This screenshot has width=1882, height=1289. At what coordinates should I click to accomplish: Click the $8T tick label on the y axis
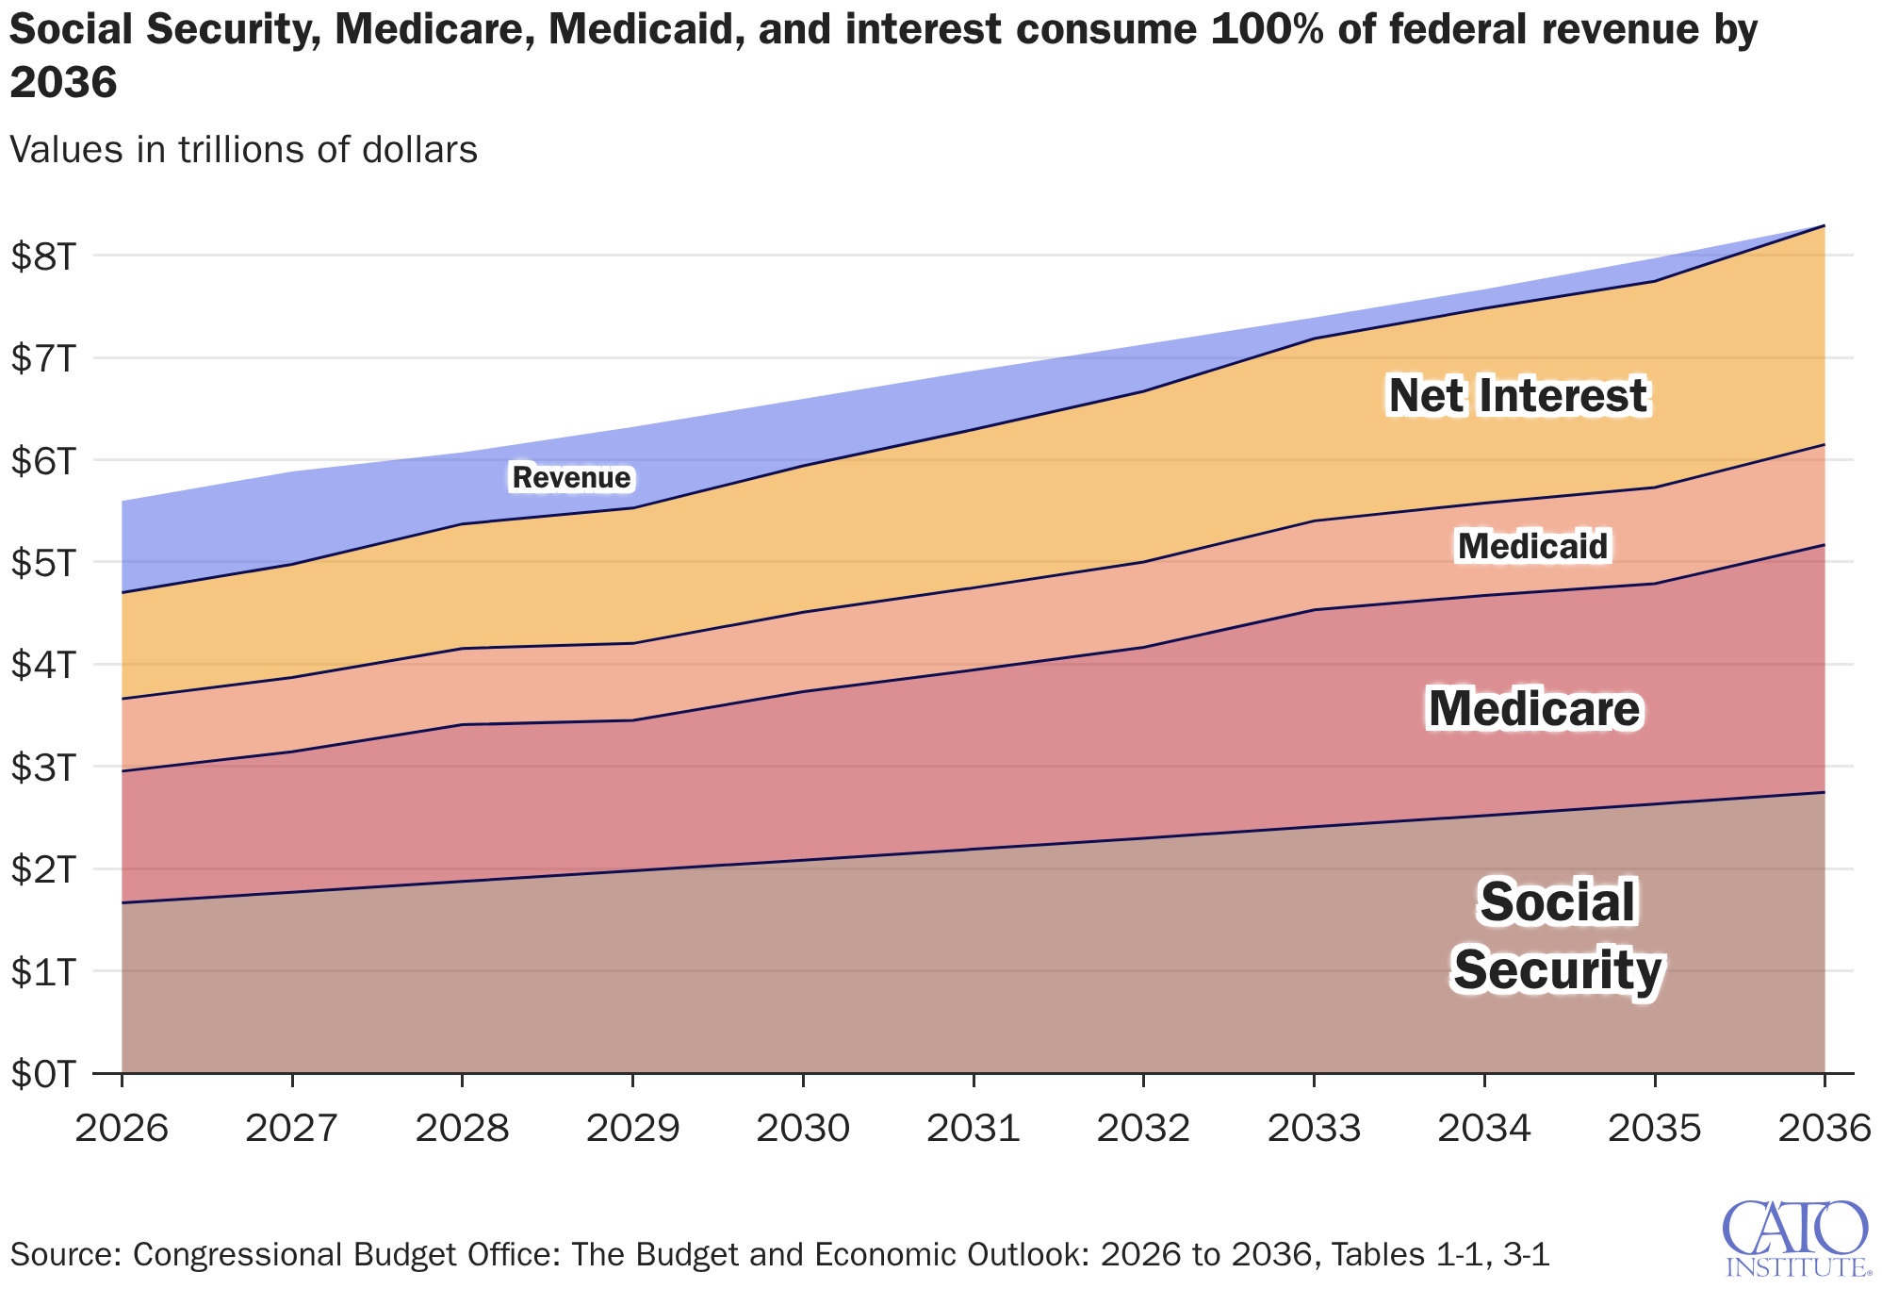(x=41, y=256)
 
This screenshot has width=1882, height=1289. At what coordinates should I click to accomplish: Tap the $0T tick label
(x=41, y=1074)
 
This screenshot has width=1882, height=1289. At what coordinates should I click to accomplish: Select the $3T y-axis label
(x=41, y=768)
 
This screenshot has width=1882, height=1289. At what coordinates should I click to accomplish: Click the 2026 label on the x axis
(x=122, y=1128)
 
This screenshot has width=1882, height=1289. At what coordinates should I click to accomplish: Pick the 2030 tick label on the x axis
(x=803, y=1128)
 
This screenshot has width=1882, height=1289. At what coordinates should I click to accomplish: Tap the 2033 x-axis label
(x=1314, y=1128)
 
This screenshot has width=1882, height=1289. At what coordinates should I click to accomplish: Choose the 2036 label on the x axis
(x=1823, y=1128)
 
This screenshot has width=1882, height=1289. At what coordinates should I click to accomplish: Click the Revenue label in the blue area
(x=571, y=478)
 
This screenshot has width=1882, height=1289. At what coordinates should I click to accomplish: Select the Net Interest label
(x=1517, y=395)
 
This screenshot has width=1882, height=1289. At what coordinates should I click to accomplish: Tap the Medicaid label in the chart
(x=1532, y=546)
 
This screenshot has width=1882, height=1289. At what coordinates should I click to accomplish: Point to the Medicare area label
(x=1533, y=709)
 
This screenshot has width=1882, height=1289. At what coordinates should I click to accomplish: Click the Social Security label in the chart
(x=1557, y=935)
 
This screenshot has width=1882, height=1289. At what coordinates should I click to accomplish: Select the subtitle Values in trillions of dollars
(x=243, y=150)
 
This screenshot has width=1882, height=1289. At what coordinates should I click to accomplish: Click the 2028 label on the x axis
(x=462, y=1128)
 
